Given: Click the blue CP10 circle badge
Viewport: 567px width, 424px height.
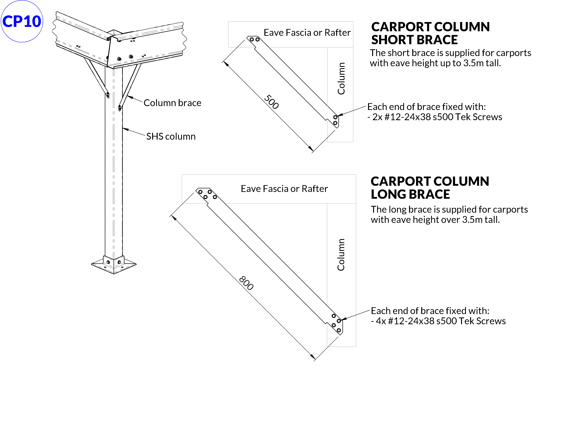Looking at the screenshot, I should (x=22, y=21).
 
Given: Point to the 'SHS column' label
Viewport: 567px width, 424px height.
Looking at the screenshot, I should (x=171, y=137).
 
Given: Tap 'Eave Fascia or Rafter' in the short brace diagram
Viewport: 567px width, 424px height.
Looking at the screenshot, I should (x=307, y=33).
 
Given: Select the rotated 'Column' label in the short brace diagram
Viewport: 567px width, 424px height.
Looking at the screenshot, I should (x=341, y=78).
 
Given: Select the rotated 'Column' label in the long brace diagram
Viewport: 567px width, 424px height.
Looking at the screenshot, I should (x=341, y=255).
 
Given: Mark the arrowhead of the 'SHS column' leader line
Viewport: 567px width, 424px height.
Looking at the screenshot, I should (x=125, y=129).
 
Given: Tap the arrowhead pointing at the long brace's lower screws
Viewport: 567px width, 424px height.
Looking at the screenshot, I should (x=343, y=319).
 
